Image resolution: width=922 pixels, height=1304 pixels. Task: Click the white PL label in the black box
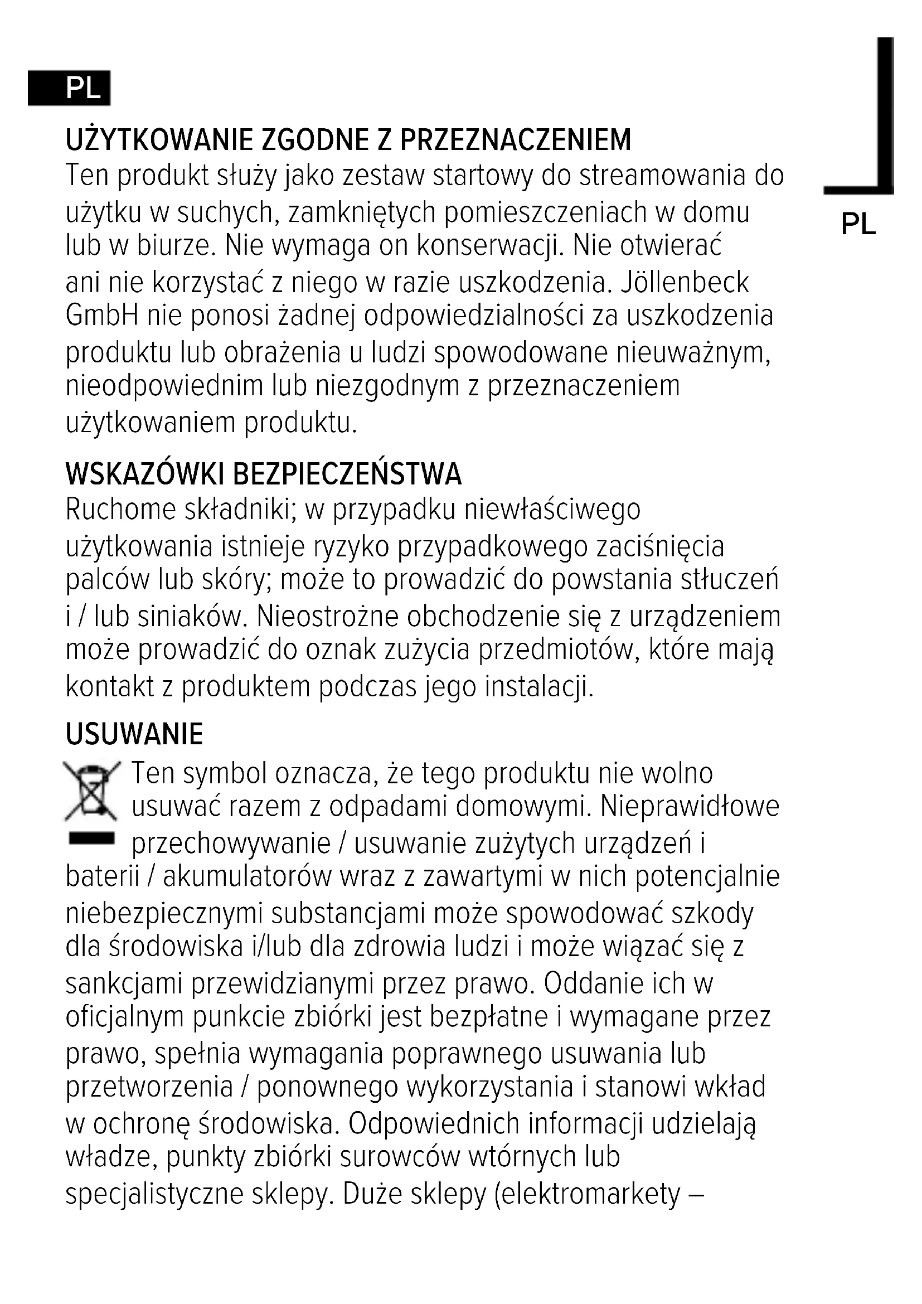[x=83, y=88]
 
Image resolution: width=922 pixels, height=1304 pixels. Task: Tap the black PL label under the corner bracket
[x=858, y=224]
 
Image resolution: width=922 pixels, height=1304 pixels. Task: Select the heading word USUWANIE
[x=134, y=734]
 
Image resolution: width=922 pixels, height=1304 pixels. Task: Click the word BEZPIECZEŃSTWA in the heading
[x=347, y=474]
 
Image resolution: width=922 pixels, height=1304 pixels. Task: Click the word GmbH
[x=101, y=316]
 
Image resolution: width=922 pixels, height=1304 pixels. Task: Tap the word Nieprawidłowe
[x=689, y=806]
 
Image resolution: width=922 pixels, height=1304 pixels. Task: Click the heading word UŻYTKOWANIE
[x=159, y=140]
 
